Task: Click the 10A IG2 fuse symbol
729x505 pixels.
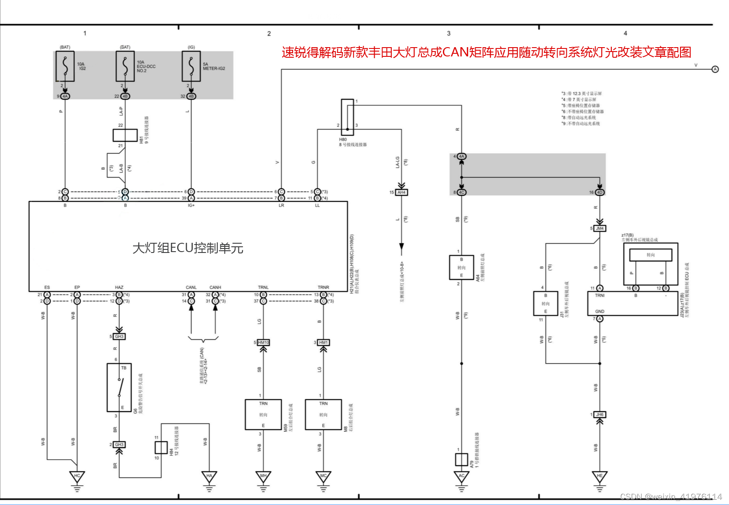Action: tap(65, 66)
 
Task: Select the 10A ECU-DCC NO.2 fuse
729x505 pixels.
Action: tap(125, 66)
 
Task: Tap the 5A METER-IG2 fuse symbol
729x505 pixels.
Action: tap(191, 66)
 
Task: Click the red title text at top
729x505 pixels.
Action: tap(486, 52)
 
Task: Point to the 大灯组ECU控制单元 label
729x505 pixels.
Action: tap(188, 248)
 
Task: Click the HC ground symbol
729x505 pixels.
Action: tap(77, 477)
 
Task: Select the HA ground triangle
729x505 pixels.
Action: tap(209, 477)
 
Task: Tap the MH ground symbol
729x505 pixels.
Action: tap(263, 477)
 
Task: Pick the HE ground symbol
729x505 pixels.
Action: tap(599, 477)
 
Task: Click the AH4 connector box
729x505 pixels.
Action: tap(402, 193)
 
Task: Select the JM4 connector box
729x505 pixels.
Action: tap(600, 228)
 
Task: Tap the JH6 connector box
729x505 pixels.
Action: tap(600, 415)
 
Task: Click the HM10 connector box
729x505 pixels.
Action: tap(263, 342)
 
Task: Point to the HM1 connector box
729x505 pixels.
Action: tap(324, 342)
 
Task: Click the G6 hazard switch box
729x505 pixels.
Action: tap(119, 387)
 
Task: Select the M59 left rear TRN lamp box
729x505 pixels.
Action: tap(263, 414)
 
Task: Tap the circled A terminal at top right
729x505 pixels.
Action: tap(715, 69)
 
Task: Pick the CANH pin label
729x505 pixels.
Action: tap(215, 287)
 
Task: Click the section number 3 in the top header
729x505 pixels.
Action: tap(449, 33)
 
